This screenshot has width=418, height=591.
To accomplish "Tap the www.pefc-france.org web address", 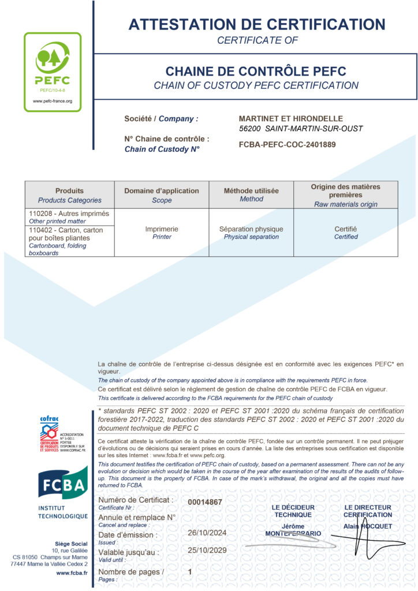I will (x=53, y=101).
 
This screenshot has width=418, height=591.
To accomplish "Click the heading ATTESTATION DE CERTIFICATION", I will (x=256, y=24).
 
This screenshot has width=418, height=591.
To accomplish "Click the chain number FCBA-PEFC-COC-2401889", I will (x=287, y=145).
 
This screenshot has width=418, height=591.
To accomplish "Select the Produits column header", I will (x=69, y=190).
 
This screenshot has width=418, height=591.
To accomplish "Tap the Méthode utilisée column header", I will (x=251, y=190).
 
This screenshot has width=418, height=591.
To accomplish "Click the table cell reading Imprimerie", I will (x=162, y=229).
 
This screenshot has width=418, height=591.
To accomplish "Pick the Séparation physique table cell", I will (x=251, y=229).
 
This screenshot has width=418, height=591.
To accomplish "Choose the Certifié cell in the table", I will (x=346, y=229).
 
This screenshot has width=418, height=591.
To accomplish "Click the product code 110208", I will (x=40, y=214).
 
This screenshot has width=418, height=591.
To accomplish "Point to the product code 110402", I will (x=40, y=230).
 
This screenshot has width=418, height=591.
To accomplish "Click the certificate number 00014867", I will (x=205, y=502).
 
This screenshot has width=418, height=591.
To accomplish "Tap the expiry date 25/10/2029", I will (x=206, y=551).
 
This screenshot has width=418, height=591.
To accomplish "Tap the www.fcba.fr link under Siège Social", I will (x=72, y=573).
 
